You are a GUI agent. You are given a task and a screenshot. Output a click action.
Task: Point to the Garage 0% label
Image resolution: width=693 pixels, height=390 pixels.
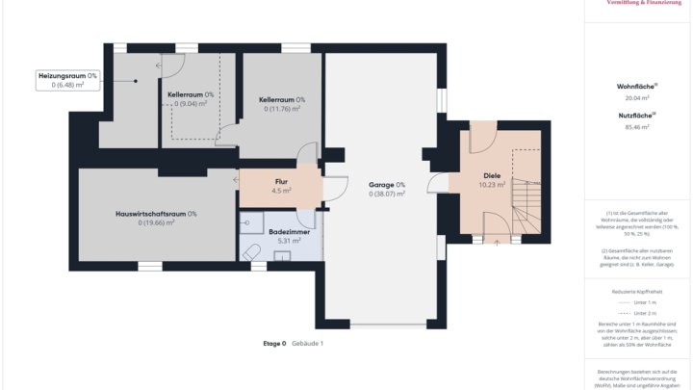coord(387,185)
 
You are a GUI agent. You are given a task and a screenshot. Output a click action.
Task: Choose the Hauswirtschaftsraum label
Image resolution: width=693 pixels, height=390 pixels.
coord(155,214)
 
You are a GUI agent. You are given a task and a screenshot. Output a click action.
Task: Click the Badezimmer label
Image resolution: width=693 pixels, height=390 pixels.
coord(288,232)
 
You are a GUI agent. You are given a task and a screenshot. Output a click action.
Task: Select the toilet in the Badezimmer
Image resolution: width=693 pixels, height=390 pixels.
coord(252,252)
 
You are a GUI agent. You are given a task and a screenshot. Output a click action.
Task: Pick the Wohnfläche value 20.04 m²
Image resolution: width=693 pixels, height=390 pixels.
coord(636,97)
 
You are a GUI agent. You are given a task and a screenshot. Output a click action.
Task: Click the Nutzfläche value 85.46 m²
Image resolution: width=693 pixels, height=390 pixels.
coord(636,126)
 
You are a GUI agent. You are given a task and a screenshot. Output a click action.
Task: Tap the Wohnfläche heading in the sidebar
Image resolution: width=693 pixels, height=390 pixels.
coord(636,87)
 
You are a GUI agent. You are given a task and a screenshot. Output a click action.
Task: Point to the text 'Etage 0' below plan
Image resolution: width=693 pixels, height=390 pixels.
coord(274,343)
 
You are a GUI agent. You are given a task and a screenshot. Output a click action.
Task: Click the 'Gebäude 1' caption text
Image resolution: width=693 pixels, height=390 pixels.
coord(308,343)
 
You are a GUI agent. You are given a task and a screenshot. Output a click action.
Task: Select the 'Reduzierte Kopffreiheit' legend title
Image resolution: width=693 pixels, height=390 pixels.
coord(636,290)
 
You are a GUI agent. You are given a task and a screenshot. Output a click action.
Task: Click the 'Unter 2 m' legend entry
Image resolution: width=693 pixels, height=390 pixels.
coord(646,313)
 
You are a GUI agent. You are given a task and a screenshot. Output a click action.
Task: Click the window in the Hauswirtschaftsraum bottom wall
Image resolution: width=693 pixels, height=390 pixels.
coord(149,266)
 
